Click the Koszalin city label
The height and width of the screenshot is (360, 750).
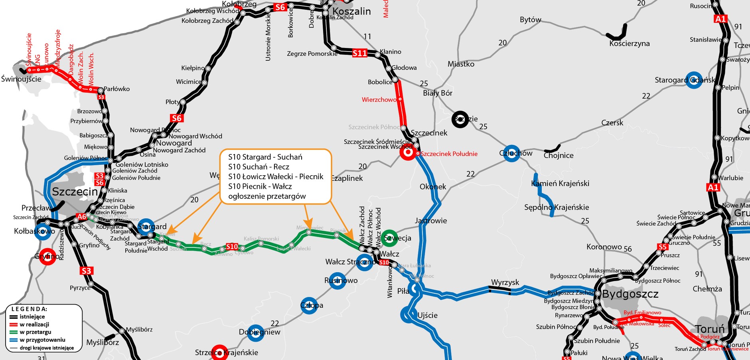[x=351, y=11]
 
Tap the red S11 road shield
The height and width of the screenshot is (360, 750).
[x=359, y=53]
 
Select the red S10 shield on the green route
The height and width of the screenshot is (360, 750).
[x=232, y=247]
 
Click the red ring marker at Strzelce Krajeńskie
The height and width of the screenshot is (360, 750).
[x=219, y=352]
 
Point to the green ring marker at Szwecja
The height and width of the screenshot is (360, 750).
[x=389, y=238]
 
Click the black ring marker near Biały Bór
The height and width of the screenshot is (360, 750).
[x=460, y=119]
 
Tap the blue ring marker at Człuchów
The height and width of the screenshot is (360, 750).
[x=511, y=153]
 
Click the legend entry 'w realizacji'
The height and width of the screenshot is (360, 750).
[x=34, y=324]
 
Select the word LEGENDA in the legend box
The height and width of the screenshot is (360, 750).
[x=29, y=309]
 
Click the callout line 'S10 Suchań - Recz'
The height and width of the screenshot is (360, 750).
[x=259, y=167]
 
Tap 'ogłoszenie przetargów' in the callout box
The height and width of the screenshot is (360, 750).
[x=267, y=196]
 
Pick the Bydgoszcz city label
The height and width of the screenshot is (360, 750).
[x=630, y=294]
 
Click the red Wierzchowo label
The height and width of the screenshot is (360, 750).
[x=379, y=99]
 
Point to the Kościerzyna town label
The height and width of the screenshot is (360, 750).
[x=630, y=44]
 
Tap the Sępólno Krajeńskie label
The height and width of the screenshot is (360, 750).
[x=556, y=207]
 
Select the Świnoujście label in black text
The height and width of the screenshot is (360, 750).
[x=21, y=79]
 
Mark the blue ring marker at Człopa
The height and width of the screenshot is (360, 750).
[x=309, y=305]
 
